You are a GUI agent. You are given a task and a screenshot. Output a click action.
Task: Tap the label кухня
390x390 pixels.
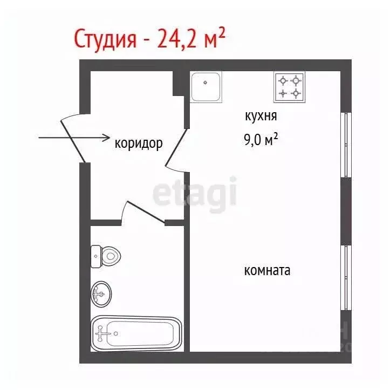tap(261, 115)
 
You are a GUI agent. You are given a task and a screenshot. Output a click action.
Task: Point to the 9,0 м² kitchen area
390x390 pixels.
tap(261, 140)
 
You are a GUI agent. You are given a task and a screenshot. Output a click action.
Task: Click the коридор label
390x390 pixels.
tap(139, 144)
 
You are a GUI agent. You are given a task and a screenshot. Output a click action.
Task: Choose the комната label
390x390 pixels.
tap(267, 270)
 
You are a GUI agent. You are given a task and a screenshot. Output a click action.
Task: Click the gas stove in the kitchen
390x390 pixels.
tap(289, 87)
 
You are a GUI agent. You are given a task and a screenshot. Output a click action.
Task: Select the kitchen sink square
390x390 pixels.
tap(206, 86)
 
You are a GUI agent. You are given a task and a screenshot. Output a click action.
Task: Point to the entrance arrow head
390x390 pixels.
tap(105, 138)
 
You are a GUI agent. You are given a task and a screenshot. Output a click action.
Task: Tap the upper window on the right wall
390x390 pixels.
tap(345, 145)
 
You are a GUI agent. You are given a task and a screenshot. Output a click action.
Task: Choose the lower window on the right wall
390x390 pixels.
tap(345, 277)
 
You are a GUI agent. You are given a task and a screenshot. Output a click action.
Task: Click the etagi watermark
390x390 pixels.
tap(195, 193)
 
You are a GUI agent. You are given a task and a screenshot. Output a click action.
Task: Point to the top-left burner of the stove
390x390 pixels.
tap(282, 81)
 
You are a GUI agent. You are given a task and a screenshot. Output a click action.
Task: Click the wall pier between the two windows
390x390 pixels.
tap(345, 211)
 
